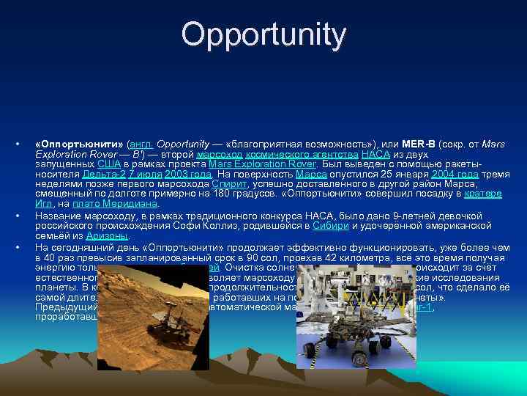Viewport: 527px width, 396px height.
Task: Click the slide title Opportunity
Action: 263,34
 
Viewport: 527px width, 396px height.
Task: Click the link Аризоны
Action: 107,236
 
